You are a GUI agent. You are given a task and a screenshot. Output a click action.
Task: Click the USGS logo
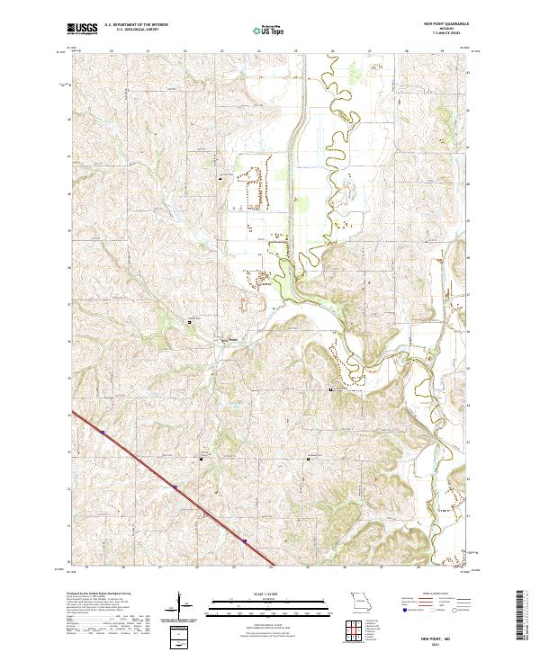(83, 30)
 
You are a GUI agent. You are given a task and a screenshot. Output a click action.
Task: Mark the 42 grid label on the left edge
(70, 118)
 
